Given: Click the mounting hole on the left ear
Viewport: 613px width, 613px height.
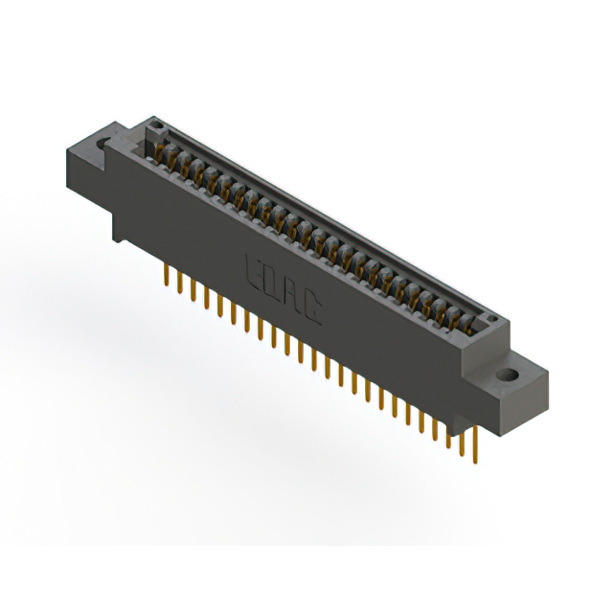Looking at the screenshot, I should coord(102,144).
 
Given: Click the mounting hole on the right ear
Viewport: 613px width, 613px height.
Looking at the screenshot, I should coord(508,374).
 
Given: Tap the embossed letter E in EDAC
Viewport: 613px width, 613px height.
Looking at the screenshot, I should coord(254,265).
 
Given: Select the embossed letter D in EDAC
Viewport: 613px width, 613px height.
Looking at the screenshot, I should coord(273,280).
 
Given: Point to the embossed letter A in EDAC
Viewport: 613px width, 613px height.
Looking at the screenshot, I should coord(294,293).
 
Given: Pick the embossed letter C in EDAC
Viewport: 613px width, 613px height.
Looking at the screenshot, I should coord(313,307).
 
